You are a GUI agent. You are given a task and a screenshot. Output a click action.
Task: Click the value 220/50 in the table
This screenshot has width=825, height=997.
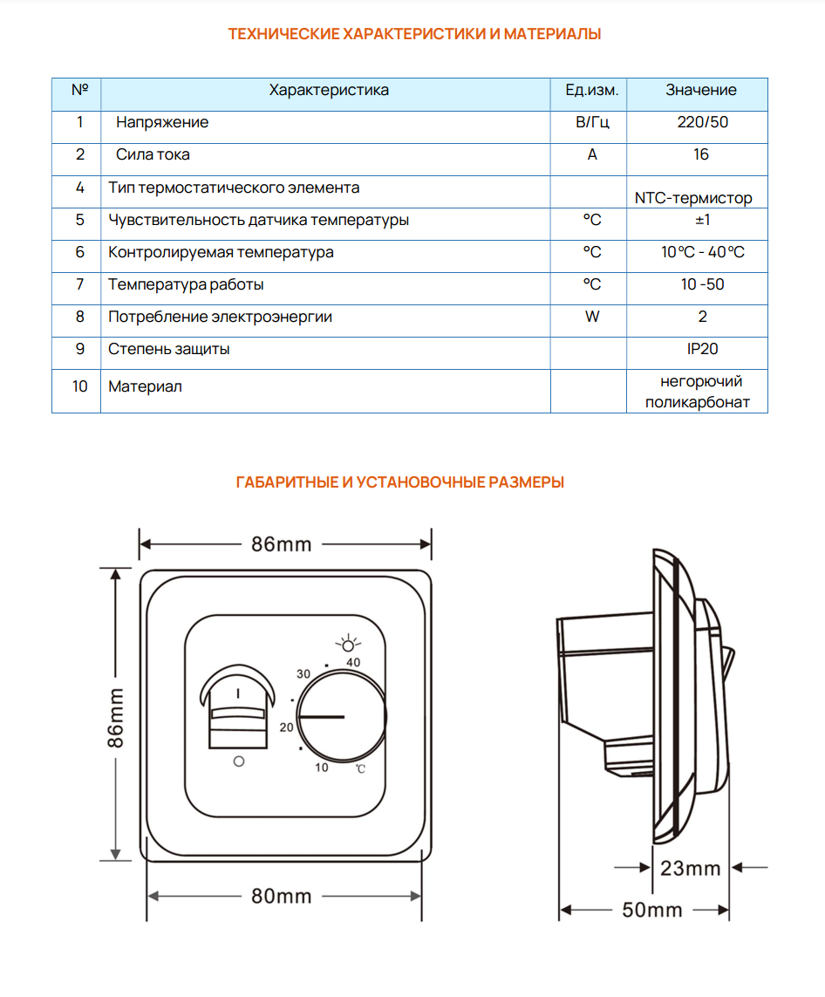click(702, 122)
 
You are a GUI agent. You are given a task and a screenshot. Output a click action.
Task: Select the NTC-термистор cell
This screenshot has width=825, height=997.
click(693, 198)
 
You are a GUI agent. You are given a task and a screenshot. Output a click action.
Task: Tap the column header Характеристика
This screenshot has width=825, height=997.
click(329, 90)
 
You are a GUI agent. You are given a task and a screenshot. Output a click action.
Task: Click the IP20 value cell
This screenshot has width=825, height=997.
click(702, 349)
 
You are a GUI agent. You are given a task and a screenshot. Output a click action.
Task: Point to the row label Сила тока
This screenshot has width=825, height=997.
click(153, 154)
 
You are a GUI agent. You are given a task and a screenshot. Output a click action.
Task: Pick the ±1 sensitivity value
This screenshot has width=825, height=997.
click(702, 220)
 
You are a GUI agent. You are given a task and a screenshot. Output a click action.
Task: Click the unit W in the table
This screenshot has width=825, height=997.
click(592, 317)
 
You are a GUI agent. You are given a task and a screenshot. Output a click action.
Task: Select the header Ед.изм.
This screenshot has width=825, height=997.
click(592, 90)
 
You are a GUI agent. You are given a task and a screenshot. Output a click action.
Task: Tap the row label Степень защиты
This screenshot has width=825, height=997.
click(169, 349)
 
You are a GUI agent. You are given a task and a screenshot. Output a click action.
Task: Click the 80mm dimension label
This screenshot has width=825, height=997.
click(282, 896)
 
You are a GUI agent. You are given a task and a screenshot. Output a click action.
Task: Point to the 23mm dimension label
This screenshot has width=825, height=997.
click(691, 868)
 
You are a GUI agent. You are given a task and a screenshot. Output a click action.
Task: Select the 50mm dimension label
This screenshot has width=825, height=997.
click(652, 910)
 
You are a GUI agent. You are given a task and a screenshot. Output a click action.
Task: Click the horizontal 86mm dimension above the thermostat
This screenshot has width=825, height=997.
click(281, 544)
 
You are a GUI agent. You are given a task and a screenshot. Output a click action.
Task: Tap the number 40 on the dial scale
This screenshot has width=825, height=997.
click(353, 663)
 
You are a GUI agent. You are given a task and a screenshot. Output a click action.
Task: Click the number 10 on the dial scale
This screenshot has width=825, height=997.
click(322, 768)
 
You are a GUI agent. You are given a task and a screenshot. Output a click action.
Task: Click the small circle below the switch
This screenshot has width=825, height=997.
click(239, 761)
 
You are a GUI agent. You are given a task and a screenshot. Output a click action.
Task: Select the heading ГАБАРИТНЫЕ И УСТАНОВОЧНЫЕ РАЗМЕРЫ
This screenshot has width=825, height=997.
click(400, 482)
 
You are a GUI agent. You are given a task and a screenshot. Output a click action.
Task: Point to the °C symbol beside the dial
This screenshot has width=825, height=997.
click(360, 768)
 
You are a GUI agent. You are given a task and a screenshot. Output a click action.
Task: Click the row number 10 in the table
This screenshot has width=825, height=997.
click(79, 386)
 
